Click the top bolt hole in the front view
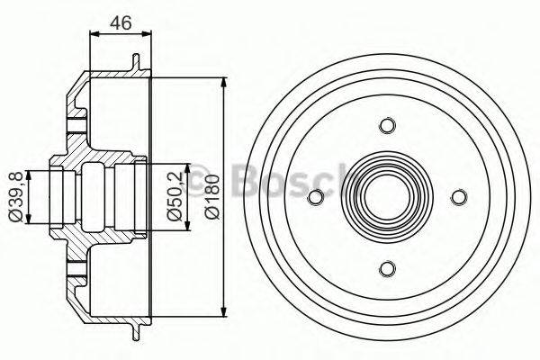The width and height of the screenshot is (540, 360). coord(387,125)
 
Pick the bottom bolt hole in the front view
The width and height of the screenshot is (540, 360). coord(387,267)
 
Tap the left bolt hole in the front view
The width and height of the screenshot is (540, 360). coord(316,196)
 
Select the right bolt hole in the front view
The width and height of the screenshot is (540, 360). coord(458,196)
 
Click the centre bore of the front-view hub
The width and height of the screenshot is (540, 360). coord(387,196)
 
